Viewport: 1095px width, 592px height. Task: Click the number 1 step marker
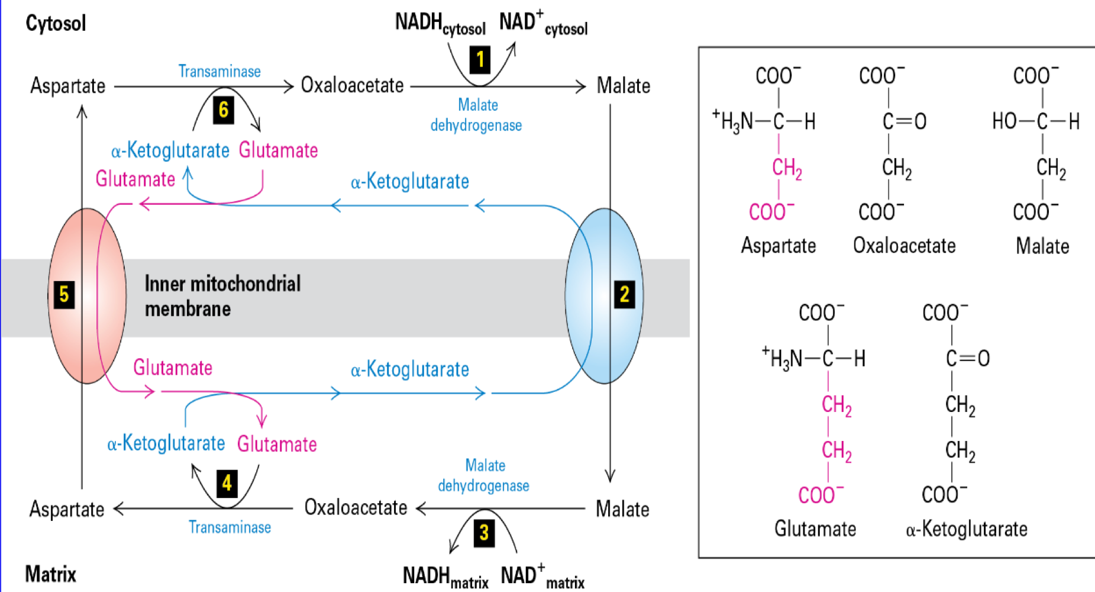click(480, 60)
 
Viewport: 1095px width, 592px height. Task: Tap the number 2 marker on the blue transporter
click(624, 294)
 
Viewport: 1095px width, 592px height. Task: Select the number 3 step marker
click(484, 533)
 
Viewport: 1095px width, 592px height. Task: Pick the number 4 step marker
click(227, 483)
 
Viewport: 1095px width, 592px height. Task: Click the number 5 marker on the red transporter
click(64, 294)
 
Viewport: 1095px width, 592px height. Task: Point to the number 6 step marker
click(223, 110)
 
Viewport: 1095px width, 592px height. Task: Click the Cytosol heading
click(56, 24)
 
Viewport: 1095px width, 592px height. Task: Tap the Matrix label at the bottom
click(51, 574)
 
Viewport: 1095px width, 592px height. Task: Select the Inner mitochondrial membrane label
click(222, 296)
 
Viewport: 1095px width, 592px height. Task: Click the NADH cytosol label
click(440, 24)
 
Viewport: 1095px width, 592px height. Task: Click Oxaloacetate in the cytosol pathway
click(352, 86)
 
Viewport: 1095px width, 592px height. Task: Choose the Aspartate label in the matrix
click(67, 509)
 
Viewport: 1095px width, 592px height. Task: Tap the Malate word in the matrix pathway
click(622, 509)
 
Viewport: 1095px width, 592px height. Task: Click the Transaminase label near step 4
click(230, 527)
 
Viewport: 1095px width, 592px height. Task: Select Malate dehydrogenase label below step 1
click(476, 115)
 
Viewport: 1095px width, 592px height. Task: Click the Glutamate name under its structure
click(815, 529)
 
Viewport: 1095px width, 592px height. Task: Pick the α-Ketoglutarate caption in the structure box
click(966, 529)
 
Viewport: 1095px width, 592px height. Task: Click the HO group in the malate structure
click(1004, 121)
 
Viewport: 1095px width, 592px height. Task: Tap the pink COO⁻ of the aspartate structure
click(771, 211)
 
